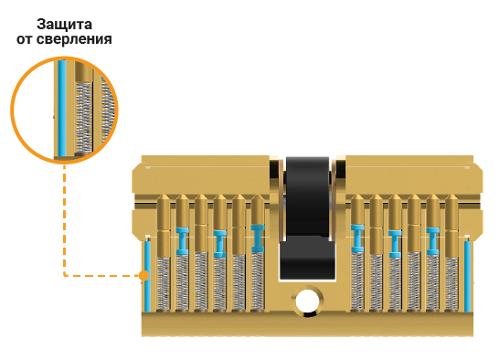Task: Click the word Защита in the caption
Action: click(x=64, y=25)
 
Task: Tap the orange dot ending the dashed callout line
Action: click(x=144, y=276)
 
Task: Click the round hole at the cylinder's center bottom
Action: click(x=306, y=301)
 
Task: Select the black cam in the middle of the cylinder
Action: click(x=307, y=218)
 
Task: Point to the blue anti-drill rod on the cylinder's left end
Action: click(x=147, y=276)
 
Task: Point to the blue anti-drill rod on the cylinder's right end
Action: click(x=467, y=276)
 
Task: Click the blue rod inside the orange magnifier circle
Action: click(x=62, y=108)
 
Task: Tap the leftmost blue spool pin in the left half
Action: click(x=183, y=241)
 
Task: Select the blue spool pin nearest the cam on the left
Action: click(x=258, y=238)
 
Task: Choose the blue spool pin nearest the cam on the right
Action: click(x=357, y=238)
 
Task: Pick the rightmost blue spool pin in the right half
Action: click(x=433, y=241)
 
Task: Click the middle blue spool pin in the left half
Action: click(x=220, y=244)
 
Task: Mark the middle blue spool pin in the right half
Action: click(x=395, y=244)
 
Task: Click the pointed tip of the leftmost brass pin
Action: click(x=164, y=196)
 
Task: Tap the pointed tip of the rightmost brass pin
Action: click(x=451, y=196)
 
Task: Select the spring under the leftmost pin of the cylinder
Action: click(x=164, y=283)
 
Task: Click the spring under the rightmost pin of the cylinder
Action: click(x=451, y=283)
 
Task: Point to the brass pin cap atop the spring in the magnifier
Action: click(x=83, y=71)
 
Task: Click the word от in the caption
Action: click(x=25, y=40)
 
